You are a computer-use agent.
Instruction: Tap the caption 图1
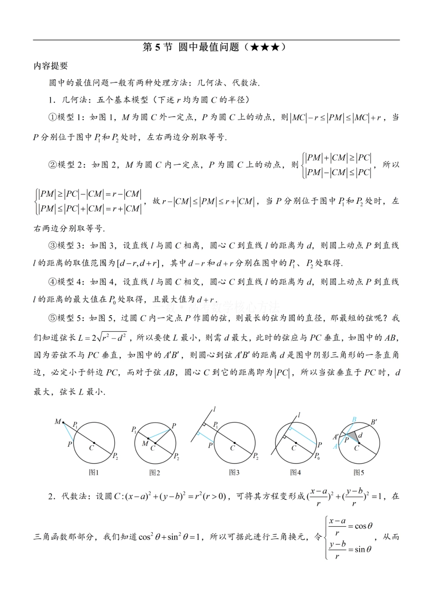[x=93, y=473]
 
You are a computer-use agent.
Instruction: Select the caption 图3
[x=234, y=473]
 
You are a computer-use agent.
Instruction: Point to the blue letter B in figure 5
[x=354, y=419]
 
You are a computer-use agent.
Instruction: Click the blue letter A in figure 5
[x=335, y=447]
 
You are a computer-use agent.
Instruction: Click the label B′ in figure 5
[x=374, y=422]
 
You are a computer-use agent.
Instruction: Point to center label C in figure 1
[x=91, y=448]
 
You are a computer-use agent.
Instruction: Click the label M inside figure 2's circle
[x=145, y=443]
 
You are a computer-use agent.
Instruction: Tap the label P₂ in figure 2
[x=176, y=456]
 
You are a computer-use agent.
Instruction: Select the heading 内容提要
[x=51, y=66]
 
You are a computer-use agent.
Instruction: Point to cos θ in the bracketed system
[x=364, y=526]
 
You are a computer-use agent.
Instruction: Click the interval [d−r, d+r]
[x=137, y=263]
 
